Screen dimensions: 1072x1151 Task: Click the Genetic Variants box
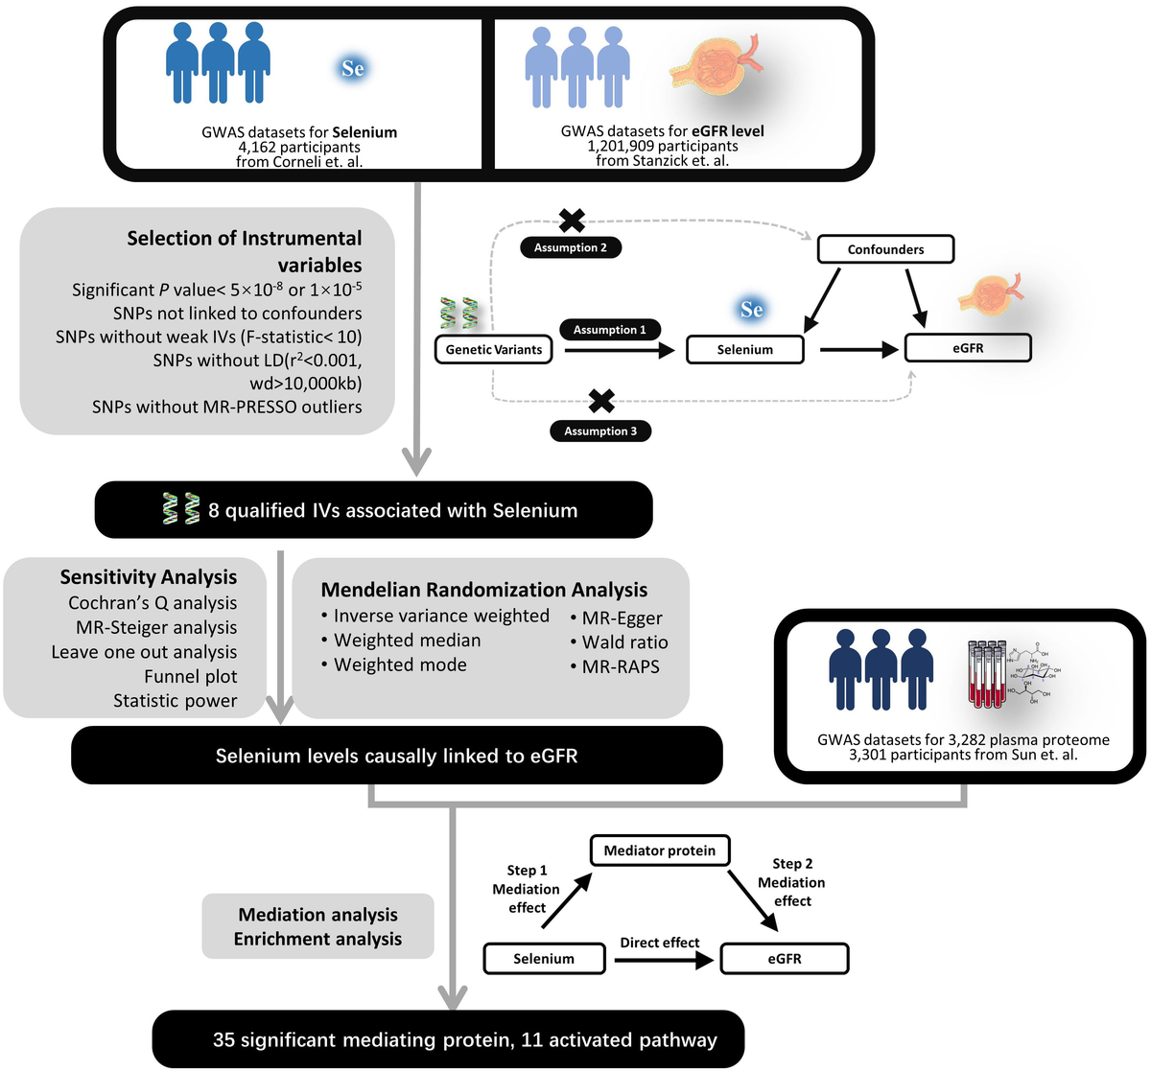494,349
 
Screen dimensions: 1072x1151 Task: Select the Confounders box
885,249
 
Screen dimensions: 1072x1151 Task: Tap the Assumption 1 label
609,330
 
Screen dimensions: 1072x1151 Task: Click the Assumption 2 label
570,247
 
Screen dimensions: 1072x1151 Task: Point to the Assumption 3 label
600,431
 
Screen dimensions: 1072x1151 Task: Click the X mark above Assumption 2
572,221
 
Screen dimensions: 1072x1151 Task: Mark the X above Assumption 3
601,401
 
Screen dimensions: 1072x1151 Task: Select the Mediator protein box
659,851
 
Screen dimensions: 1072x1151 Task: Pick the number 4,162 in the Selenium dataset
260,148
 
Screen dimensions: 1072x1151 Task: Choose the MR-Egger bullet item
622,618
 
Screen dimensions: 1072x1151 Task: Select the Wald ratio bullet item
624,642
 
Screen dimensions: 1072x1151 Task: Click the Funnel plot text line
190,676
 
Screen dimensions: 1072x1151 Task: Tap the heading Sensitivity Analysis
148,577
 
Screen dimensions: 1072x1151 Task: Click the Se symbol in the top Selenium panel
352,68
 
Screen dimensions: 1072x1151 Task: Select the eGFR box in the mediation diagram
784,959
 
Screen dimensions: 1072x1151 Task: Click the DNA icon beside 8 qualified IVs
181,509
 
